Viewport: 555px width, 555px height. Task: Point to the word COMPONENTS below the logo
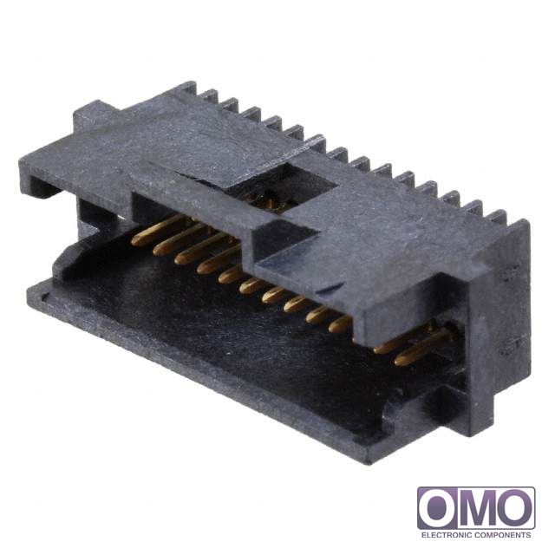(x=502, y=534)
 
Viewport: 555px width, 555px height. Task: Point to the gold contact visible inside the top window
(x=269, y=203)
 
